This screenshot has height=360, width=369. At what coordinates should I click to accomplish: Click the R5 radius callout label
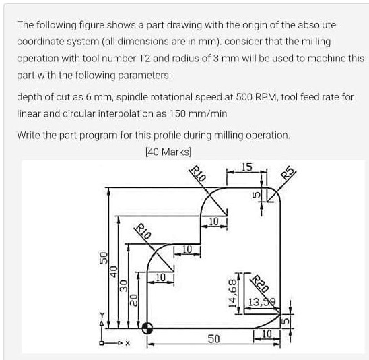tap(288, 173)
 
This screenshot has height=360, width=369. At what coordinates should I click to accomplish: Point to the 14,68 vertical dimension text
tap(232, 293)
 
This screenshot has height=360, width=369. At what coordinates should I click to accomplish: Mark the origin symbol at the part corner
tap(147, 328)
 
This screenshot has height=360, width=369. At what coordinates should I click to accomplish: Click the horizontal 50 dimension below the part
tap(213, 338)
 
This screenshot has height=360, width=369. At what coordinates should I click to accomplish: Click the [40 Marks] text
tap(168, 151)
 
